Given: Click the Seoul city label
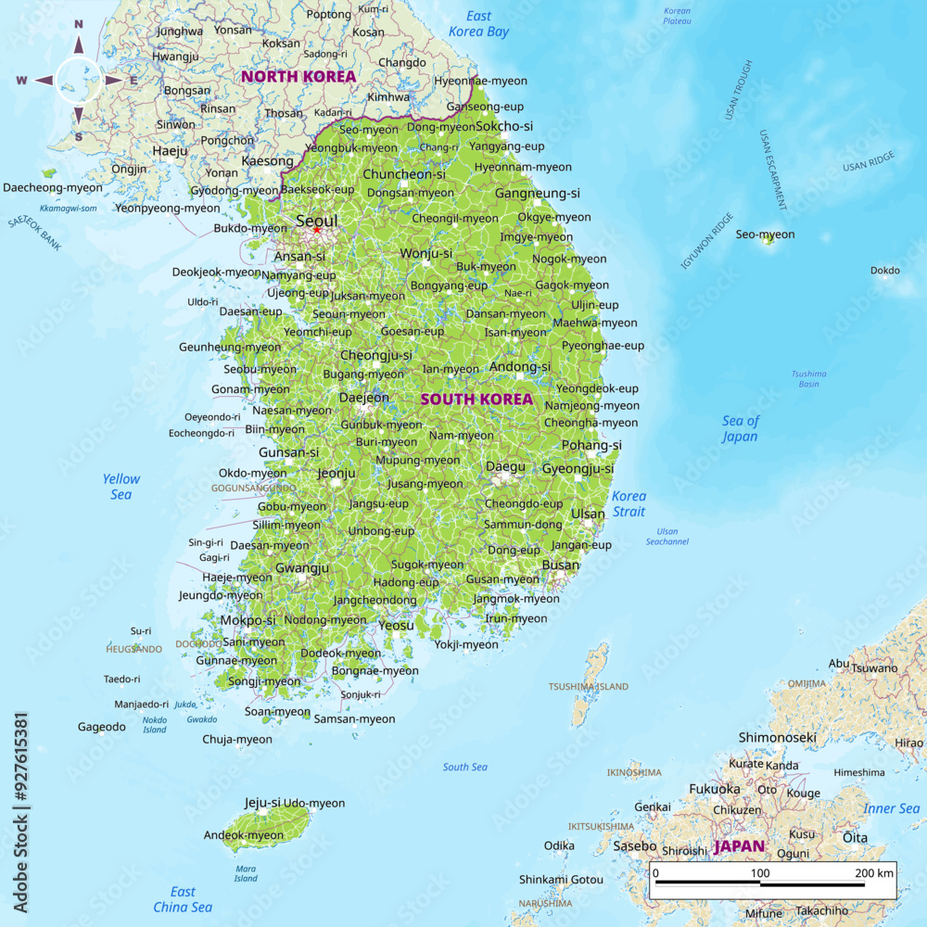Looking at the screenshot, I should (317, 222).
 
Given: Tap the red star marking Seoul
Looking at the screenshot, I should (316, 230).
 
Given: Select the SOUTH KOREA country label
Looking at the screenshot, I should (476, 400).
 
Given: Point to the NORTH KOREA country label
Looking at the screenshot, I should (298, 76).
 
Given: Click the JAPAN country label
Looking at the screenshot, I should (739, 846).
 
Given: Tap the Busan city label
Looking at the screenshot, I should (560, 565).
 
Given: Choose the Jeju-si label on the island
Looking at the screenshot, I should (262, 803).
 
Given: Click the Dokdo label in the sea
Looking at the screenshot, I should (884, 271).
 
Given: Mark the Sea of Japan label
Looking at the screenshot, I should (740, 428).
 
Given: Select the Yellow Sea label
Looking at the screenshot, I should (121, 487).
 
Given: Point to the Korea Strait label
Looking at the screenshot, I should (629, 503).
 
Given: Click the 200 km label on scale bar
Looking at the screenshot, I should (873, 873).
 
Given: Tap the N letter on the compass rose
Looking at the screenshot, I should (79, 25).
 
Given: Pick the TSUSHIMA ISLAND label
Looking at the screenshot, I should (588, 687).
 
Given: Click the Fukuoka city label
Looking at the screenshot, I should (714, 789).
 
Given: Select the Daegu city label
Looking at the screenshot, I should (505, 466).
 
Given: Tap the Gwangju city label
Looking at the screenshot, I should (302, 567).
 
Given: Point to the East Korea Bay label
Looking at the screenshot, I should (478, 23).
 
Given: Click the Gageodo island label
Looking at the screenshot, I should (101, 727).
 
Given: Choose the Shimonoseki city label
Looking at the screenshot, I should (777, 738).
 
